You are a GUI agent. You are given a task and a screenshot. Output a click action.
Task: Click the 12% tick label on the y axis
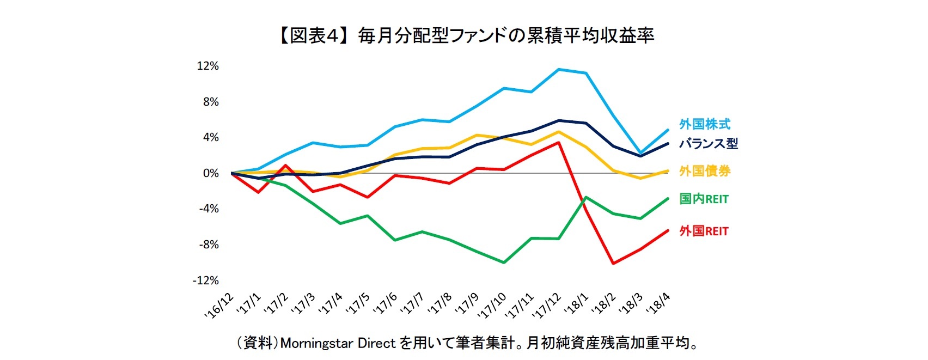coord(207,66)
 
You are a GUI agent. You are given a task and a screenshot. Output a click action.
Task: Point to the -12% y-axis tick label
coord(205,280)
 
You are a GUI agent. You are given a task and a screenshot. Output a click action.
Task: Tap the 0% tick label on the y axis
coord(210,173)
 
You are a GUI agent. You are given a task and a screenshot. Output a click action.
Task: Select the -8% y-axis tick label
coord(207,245)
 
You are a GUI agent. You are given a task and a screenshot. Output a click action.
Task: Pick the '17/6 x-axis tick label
coord(386,303)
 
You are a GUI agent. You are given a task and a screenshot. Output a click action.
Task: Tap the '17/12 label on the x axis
coord(546,304)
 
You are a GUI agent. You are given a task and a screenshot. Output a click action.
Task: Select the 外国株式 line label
coord(704,124)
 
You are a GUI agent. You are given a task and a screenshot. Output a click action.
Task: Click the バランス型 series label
coord(708,144)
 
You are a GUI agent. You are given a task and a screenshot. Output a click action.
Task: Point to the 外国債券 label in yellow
coord(704,171)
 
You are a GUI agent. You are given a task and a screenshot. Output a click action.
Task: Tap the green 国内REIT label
coord(704,199)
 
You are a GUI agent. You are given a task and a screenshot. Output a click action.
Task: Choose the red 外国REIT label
coord(704,231)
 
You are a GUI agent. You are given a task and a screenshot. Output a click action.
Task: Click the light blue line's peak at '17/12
coord(559,69)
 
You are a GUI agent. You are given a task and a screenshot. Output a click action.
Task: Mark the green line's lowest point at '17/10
coord(504,263)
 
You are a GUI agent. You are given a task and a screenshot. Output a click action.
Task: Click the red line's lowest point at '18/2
coord(614,264)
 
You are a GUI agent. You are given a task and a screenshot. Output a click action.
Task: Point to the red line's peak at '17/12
coord(559,143)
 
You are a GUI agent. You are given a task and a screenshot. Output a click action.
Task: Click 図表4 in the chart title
coord(314,36)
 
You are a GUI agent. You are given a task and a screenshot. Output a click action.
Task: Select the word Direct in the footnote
coord(376,343)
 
